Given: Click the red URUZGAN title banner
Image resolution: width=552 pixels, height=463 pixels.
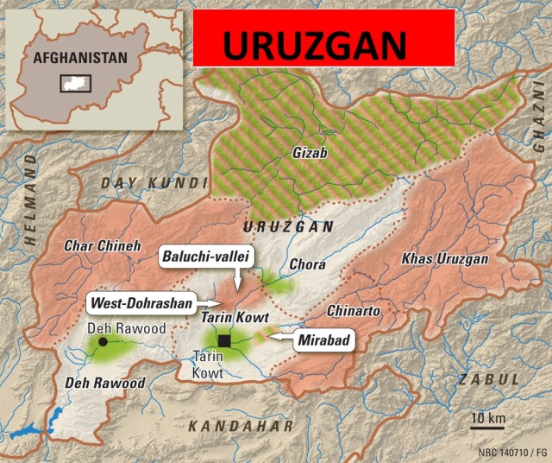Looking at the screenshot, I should pyautogui.click(x=323, y=39).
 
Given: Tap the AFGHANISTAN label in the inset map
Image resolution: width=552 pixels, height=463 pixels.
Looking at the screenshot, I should pyautogui.click(x=80, y=59).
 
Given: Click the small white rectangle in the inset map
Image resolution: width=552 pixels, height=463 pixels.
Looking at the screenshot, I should pyautogui.click(x=75, y=83).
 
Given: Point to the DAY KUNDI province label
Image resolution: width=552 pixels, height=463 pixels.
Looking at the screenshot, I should pyautogui.click(x=154, y=183).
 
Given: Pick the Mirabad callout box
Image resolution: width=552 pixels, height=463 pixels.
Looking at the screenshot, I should pyautogui.click(x=323, y=340).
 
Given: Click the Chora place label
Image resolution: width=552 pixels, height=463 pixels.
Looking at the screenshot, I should pyautogui.click(x=308, y=264).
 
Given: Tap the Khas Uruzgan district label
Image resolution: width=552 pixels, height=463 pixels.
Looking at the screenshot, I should pyautogui.click(x=445, y=258).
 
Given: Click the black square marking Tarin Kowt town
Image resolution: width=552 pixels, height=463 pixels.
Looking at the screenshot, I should pyautogui.click(x=224, y=341).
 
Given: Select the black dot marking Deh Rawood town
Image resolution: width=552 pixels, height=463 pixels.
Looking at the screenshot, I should pyautogui.click(x=103, y=342).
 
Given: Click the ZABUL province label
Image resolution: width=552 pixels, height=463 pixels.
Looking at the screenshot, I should pyautogui.click(x=489, y=380).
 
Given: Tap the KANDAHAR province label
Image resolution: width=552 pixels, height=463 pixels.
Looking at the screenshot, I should pyautogui.click(x=241, y=425).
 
